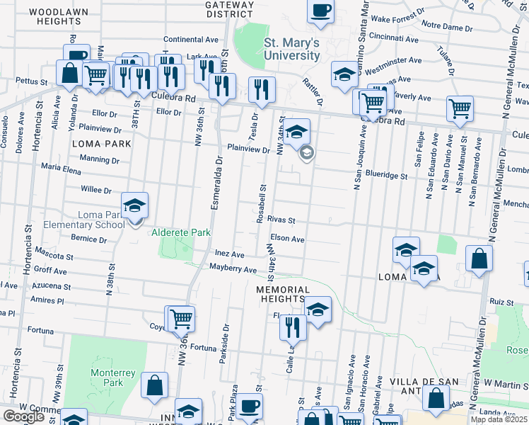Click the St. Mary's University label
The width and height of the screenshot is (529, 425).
291,49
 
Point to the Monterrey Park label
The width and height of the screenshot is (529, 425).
107,379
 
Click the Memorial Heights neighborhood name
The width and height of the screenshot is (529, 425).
283,295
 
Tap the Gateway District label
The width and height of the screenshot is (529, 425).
228,8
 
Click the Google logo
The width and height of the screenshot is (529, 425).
23,416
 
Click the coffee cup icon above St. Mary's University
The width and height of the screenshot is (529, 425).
320,11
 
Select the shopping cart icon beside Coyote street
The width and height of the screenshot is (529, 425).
180,318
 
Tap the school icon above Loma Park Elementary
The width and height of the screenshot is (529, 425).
134,205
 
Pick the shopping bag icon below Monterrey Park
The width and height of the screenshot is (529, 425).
154,385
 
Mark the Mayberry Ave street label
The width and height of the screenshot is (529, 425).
233,269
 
